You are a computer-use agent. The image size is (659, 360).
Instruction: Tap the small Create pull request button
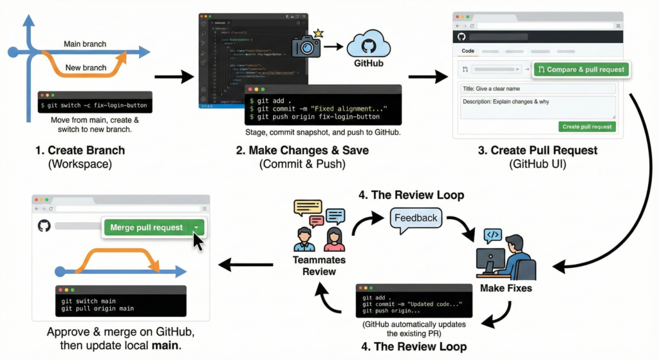(587, 126)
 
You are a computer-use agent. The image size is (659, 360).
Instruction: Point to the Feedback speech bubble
(416, 218)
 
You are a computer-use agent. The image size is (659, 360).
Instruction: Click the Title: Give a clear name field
(537, 88)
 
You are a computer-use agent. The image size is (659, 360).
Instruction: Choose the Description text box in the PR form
(537, 107)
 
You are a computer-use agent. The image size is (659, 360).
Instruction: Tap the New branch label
(86, 68)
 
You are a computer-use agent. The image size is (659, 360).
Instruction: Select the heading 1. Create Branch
(80, 151)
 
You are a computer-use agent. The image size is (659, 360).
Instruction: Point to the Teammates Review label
(319, 265)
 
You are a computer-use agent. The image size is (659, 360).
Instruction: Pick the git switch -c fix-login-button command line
(94, 105)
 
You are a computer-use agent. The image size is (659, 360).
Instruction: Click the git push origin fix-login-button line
(315, 117)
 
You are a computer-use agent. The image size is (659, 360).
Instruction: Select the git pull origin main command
(98, 308)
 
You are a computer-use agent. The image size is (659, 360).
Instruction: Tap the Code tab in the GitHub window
(469, 50)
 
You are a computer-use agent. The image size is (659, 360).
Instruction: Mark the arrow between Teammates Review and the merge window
(241, 263)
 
